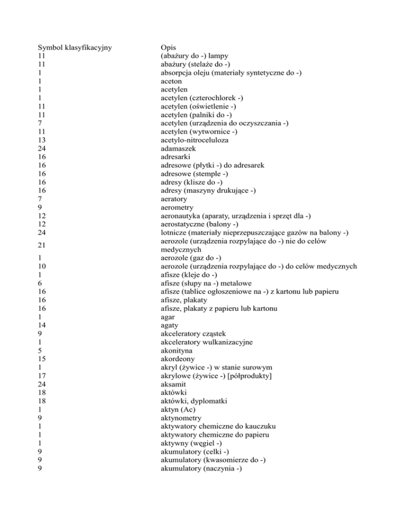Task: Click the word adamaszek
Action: click(178, 148)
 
